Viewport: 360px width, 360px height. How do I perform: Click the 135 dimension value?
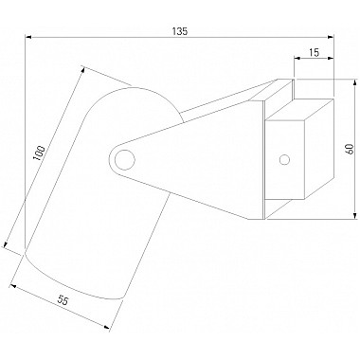click(180, 31)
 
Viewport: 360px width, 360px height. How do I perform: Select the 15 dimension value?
click(314, 52)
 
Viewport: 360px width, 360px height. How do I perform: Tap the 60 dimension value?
click(350, 149)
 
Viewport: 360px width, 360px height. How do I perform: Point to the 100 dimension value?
click(40, 153)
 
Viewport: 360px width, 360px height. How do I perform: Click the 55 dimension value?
click(63, 300)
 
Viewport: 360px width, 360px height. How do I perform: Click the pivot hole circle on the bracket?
click(125, 160)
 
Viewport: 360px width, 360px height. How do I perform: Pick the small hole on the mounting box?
click(284, 160)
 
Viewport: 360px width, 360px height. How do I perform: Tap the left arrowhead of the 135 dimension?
click(28, 37)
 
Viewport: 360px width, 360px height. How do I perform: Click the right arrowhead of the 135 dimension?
click(331, 37)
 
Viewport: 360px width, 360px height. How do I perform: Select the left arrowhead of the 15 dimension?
click(297, 58)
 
